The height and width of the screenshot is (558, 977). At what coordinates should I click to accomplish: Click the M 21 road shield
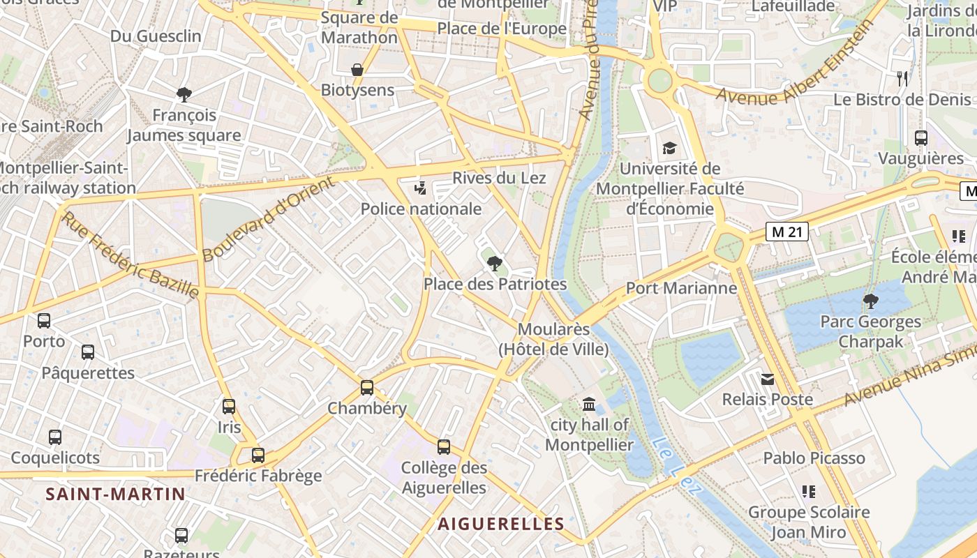click(x=786, y=232)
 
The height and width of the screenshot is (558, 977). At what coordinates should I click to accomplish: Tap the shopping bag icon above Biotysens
click(x=357, y=70)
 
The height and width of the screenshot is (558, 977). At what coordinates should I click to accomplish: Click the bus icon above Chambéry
click(x=367, y=388)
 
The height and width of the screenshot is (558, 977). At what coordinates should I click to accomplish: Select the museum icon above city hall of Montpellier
click(x=589, y=404)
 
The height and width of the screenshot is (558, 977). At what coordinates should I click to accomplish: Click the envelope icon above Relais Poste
click(x=768, y=379)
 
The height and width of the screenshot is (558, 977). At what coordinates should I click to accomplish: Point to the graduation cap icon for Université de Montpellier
click(x=669, y=148)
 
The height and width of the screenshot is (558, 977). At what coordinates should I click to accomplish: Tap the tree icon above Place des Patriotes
click(x=495, y=264)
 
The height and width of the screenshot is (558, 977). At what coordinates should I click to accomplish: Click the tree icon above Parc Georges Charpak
click(x=870, y=301)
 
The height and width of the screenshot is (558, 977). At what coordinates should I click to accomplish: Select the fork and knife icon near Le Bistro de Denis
click(x=902, y=78)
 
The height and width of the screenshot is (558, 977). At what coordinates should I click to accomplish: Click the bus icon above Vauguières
click(x=921, y=138)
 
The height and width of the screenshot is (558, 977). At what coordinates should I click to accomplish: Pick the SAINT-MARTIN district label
click(x=116, y=495)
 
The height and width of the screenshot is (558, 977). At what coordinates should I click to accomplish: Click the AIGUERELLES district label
click(x=500, y=524)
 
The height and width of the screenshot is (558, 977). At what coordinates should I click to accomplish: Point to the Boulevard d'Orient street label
click(x=269, y=219)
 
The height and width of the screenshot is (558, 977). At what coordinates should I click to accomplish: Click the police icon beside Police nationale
click(x=420, y=188)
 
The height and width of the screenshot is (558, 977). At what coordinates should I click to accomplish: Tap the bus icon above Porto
click(x=44, y=321)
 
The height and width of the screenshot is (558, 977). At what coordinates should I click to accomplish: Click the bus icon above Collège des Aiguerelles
click(x=444, y=447)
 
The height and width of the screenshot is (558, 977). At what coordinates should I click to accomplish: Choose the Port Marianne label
click(x=681, y=288)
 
